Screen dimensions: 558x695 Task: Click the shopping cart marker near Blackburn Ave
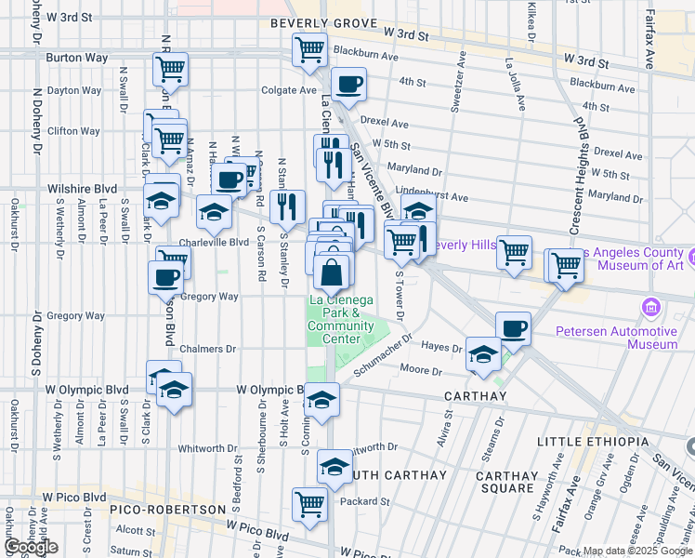[x=308, y=49]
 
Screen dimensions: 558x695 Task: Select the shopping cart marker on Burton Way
[x=171, y=68]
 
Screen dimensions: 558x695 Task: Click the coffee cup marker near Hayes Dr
[x=513, y=327]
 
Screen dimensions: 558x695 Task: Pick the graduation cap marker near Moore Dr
[x=483, y=353]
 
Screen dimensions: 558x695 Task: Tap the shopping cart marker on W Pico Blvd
[x=309, y=504]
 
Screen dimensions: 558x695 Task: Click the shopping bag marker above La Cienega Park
[x=332, y=272]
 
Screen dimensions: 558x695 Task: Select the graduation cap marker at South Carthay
[x=334, y=468]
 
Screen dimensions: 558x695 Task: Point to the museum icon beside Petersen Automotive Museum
[x=650, y=307]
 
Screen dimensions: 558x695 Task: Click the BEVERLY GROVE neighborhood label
[x=323, y=23]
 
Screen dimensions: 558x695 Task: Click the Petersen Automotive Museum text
[x=616, y=338]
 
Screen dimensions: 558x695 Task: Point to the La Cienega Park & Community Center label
[x=341, y=319]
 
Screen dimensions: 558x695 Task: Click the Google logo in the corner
[x=31, y=547]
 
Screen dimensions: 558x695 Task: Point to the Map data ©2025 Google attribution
[x=637, y=551]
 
